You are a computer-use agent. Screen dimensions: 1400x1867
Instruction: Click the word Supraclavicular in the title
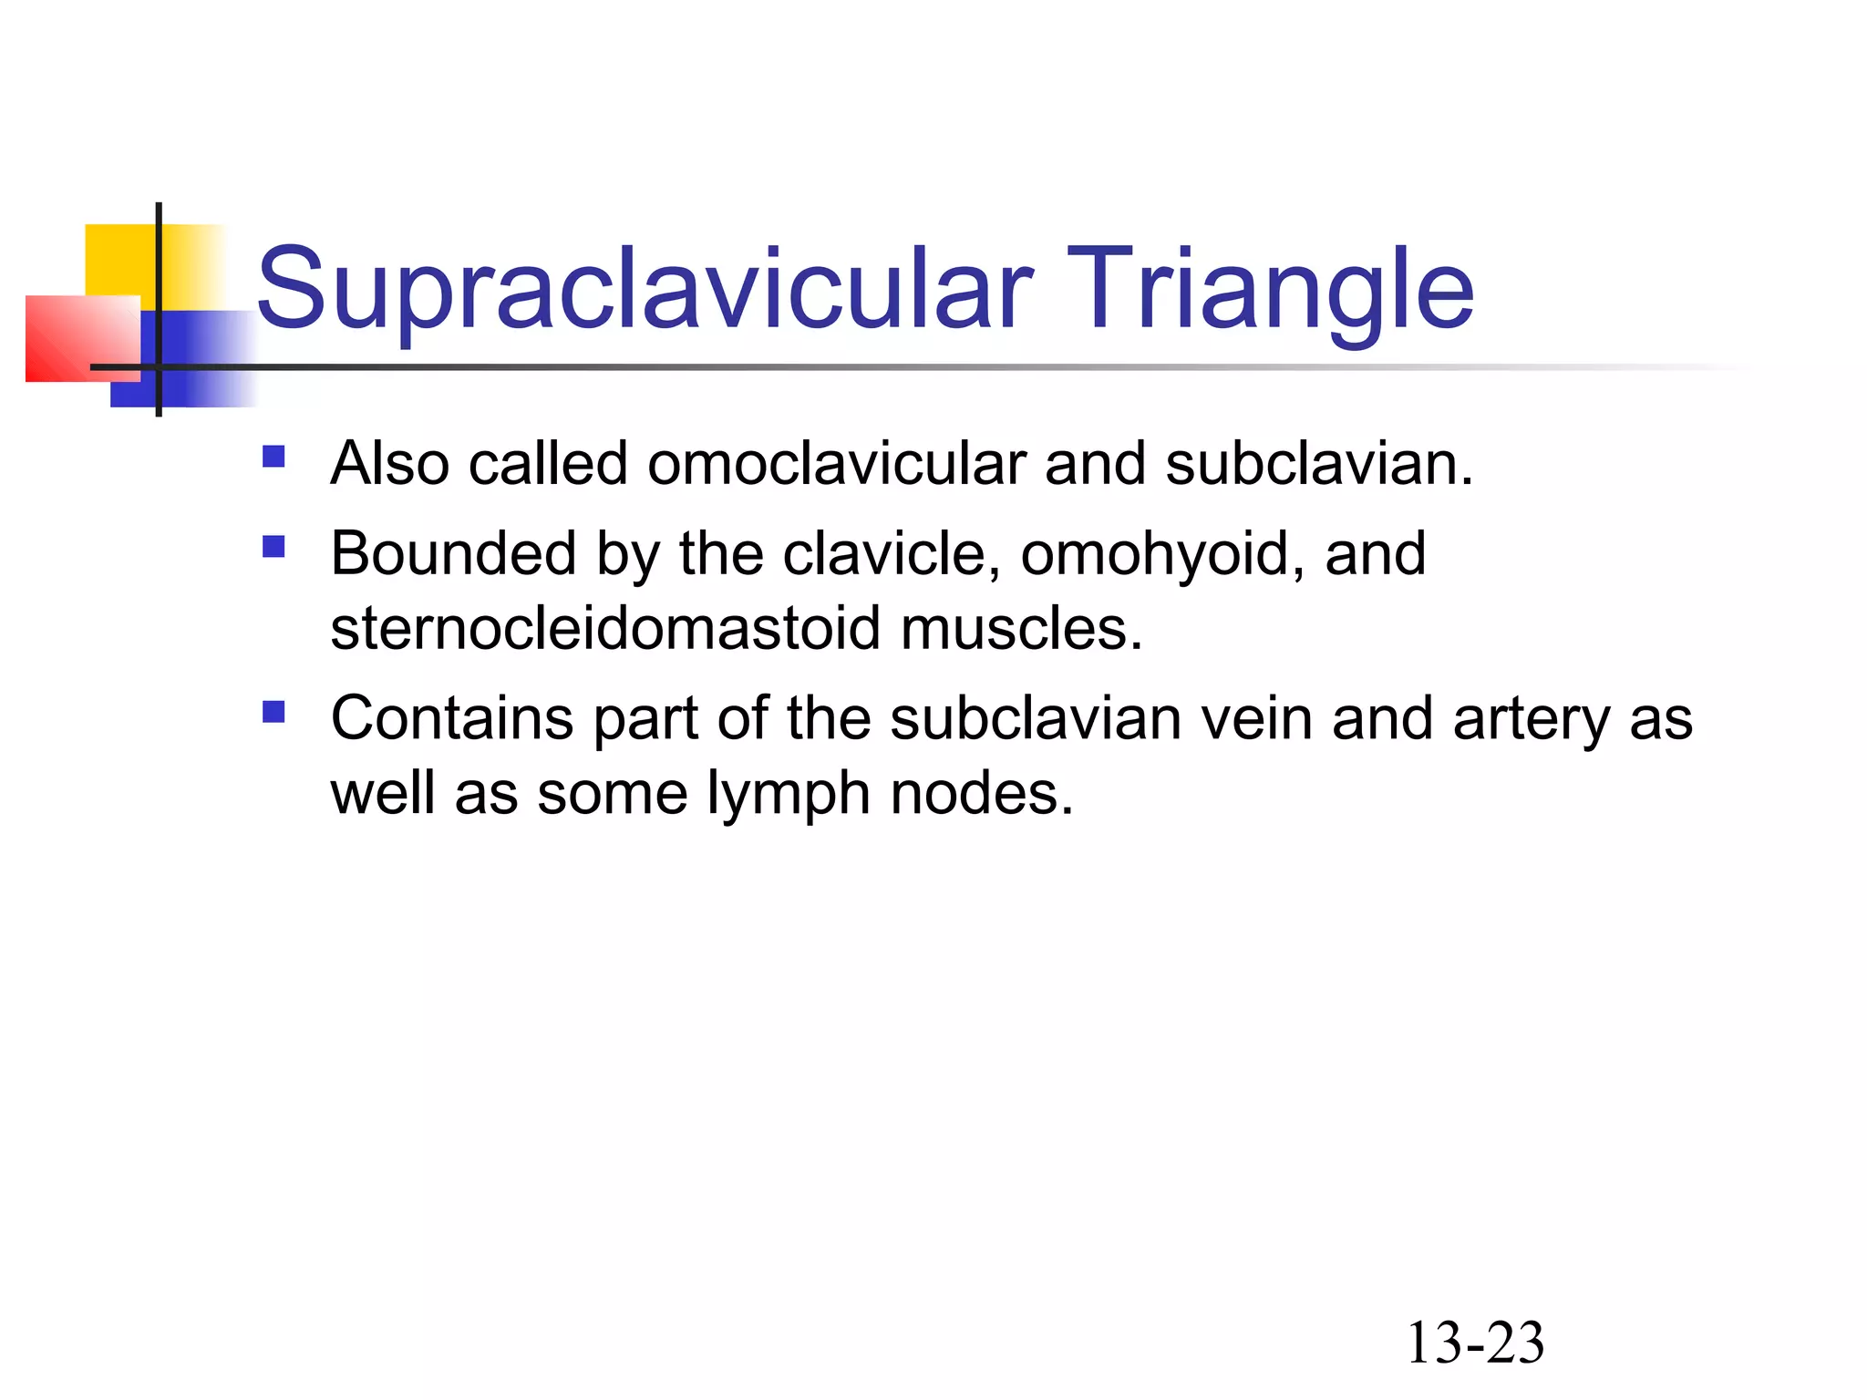[x=645, y=290]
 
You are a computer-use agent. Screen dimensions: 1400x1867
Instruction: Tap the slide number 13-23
[x=1475, y=1343]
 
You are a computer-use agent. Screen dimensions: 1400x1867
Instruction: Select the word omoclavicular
[x=836, y=463]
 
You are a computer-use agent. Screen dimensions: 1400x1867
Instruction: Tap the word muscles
[x=1021, y=628]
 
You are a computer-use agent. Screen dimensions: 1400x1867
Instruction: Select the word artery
[x=1532, y=720]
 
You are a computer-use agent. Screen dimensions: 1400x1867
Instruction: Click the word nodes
[x=982, y=793]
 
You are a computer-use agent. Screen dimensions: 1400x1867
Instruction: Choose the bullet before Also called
[x=273, y=456]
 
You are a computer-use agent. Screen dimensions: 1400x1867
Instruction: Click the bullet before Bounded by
[x=273, y=546]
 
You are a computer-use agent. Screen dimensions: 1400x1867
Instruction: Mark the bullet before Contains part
[x=273, y=711]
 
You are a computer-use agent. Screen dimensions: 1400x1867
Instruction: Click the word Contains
[x=451, y=718]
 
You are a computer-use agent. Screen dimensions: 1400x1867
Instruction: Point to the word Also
[x=389, y=463]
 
